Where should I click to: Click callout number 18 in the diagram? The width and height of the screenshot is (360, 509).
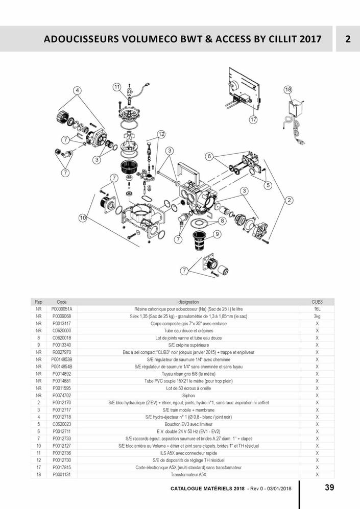click(288, 90)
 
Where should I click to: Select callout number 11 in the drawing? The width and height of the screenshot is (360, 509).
click(117, 87)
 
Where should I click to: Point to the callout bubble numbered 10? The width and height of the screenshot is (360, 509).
click(82, 218)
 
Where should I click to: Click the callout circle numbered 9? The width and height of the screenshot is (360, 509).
click(217, 234)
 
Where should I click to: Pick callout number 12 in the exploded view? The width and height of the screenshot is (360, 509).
click(161, 134)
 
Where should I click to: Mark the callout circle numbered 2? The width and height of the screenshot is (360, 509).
click(289, 200)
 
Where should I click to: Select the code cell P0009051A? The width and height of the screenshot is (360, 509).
click(62, 309)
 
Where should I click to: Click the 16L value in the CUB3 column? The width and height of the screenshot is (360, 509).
click(317, 309)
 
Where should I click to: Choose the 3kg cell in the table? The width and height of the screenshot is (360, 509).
click(317, 317)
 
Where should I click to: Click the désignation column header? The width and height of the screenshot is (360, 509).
click(188, 302)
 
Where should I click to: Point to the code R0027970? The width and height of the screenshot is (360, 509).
click(62, 352)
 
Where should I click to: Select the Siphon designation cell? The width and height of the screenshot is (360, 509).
click(188, 395)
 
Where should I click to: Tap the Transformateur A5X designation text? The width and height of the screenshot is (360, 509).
click(188, 474)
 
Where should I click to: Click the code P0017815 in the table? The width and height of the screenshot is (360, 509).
click(62, 467)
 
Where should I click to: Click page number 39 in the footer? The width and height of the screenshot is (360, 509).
click(329, 488)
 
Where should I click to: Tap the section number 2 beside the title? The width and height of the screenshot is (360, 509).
click(347, 39)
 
